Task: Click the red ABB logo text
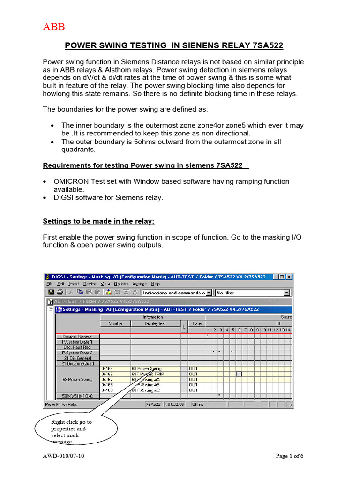[54, 27]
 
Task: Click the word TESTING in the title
[141, 45]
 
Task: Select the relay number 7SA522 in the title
[268, 45]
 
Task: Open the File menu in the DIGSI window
[49, 284]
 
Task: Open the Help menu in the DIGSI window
[155, 284]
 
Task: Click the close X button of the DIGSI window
[289, 277]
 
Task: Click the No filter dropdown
[252, 292]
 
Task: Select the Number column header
[115, 323]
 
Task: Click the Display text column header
[155, 323]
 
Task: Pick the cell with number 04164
[108, 368]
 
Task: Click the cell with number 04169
[108, 390]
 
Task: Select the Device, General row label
[78, 336]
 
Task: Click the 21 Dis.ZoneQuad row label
[78, 363]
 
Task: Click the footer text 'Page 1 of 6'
[290, 456]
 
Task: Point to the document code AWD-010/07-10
[64, 456]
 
